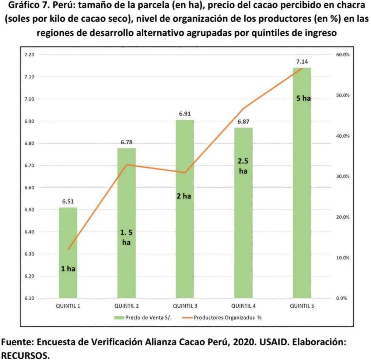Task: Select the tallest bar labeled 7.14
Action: click(x=302, y=184)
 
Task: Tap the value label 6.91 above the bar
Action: click(x=185, y=114)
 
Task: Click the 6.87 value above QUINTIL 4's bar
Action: click(x=244, y=122)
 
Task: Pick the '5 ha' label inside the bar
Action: click(x=302, y=99)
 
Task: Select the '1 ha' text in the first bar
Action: click(x=68, y=269)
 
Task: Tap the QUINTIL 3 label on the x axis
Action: click(x=185, y=306)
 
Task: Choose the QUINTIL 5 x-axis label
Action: click(x=302, y=306)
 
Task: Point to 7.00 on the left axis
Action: click(x=29, y=99)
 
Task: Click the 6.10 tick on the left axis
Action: click(x=29, y=298)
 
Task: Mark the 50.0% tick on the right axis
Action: click(x=343, y=95)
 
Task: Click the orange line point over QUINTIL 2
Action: click(x=126, y=165)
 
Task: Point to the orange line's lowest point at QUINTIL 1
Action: click(x=68, y=249)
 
